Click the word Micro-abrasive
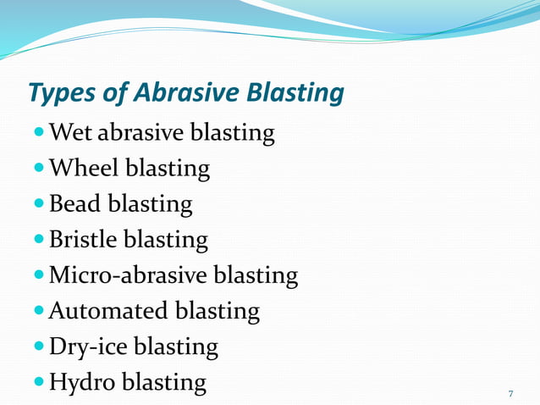127,275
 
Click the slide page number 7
510,395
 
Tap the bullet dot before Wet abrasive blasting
40,134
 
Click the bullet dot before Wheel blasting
40,169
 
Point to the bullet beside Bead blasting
40,205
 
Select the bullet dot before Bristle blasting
40,241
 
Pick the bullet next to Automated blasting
40,312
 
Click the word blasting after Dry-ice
176,347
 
